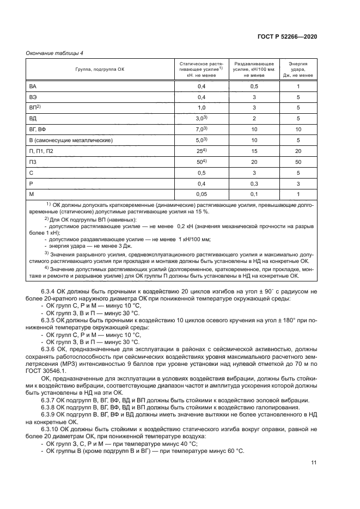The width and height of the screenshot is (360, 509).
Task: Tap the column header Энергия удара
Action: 298,70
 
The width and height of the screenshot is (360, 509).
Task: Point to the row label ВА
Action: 33,87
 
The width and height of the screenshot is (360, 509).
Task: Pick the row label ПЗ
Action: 33,162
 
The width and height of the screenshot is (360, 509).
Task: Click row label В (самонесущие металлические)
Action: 71,140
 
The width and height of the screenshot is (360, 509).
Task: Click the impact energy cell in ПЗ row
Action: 298,162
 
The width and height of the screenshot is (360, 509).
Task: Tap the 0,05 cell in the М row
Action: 202,194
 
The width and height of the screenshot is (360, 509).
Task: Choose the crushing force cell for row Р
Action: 254,183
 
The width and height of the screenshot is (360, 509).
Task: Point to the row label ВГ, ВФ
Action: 38,130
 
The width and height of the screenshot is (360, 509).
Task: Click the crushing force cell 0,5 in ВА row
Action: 254,87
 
